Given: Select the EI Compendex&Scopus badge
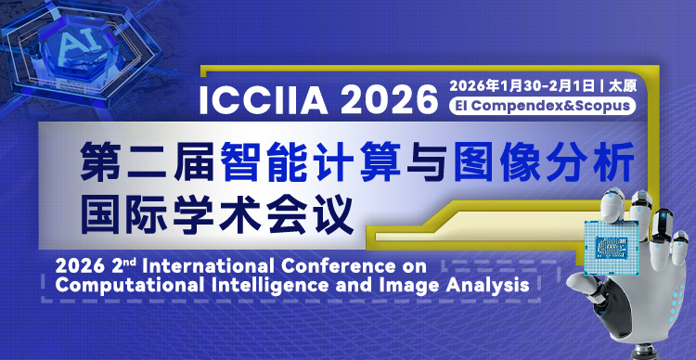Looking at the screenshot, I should [x=543, y=106].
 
